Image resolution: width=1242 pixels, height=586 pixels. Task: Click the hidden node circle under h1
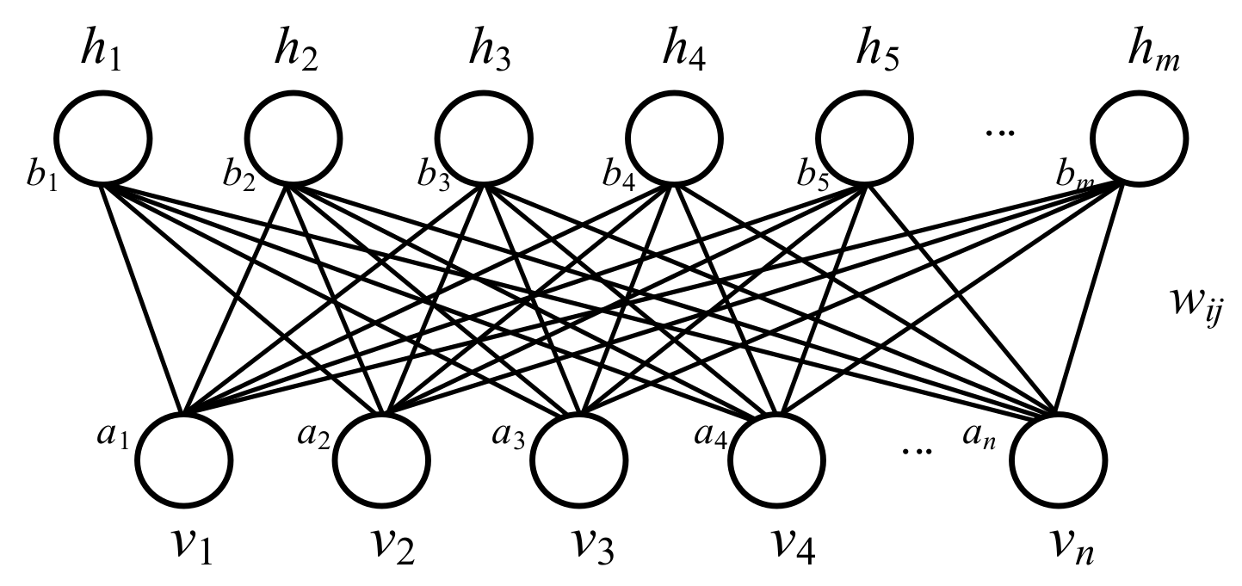coord(103,138)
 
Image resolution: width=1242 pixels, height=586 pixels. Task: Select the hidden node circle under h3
coord(483,138)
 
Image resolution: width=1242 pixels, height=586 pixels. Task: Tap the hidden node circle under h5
coord(863,138)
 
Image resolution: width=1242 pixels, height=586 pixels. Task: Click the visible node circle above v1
coord(184,458)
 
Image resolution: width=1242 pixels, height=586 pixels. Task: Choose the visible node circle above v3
coord(576,458)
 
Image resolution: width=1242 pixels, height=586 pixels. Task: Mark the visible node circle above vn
coord(1057,458)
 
